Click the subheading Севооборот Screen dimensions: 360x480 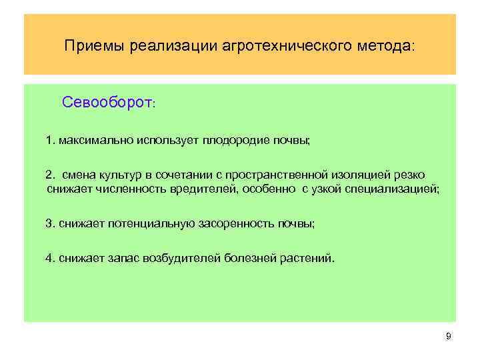(107, 103)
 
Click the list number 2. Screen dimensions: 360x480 (49, 175)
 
